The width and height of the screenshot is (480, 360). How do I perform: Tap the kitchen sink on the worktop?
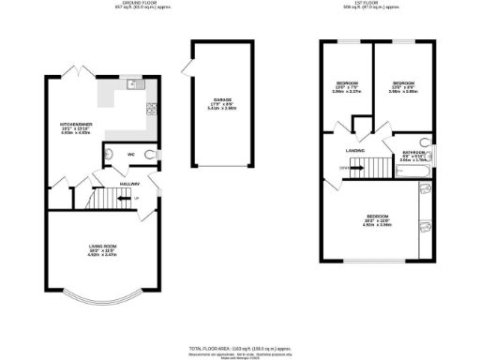coord(133,85)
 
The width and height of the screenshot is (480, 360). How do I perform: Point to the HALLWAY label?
coord(129,184)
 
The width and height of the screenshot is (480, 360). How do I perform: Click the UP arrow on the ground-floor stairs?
coord(137,199)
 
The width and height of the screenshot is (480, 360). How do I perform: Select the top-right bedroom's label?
coord(403,84)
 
